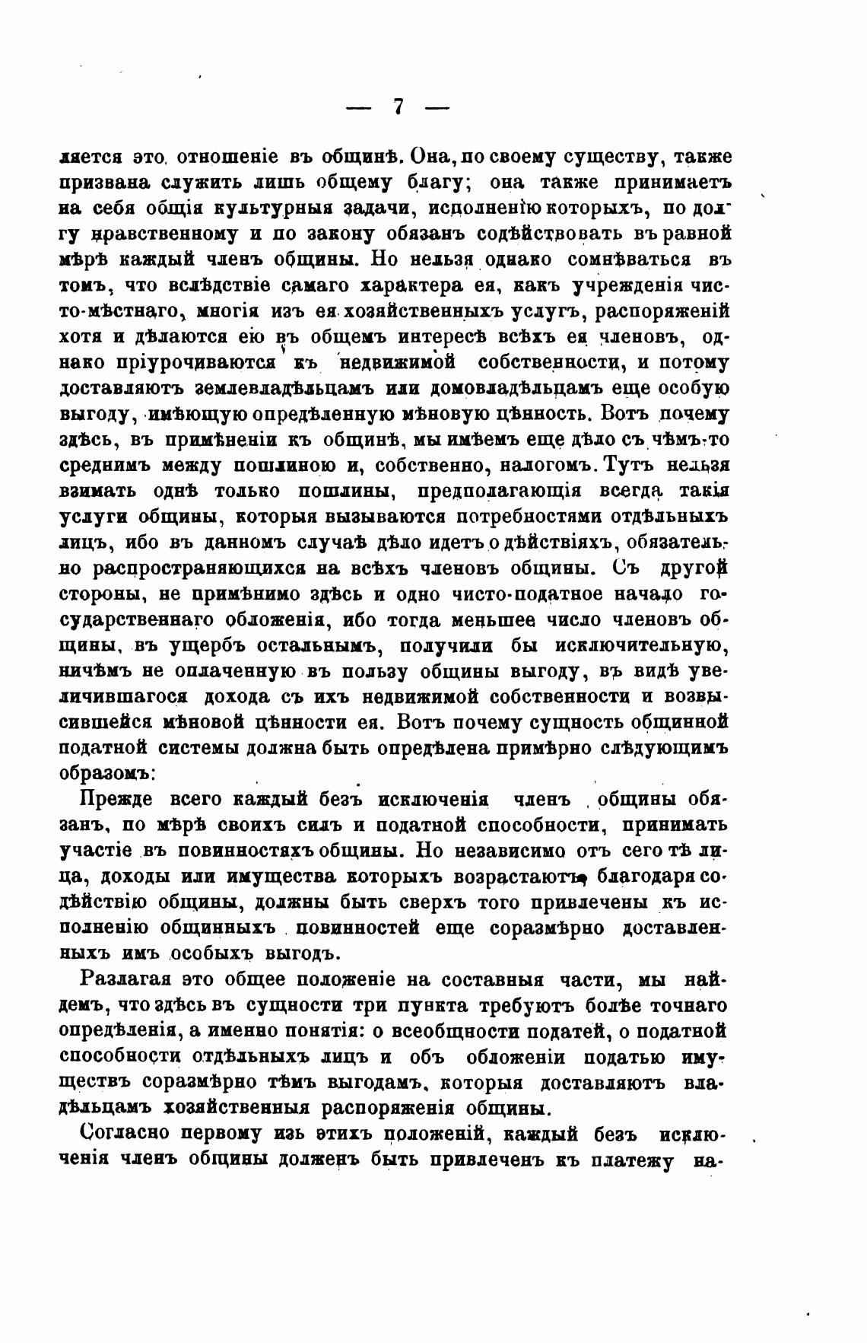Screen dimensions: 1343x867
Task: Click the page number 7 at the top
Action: coord(398,107)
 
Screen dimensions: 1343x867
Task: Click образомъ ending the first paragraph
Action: coord(108,774)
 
